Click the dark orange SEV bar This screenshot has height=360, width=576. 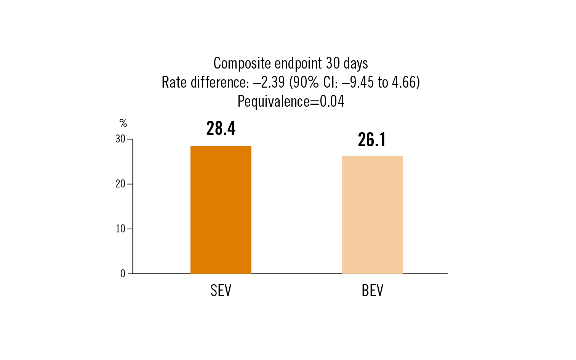point(221,210)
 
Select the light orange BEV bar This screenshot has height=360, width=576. point(372,215)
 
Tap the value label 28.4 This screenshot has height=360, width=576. point(221,129)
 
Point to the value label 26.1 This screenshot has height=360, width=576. point(372,140)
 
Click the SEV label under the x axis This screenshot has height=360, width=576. point(221,291)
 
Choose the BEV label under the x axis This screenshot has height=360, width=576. point(372,291)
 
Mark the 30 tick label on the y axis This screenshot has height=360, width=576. point(120,139)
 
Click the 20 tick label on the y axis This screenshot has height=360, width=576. point(120,184)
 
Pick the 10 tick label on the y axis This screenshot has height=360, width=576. point(120,229)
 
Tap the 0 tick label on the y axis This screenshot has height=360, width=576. point(123,274)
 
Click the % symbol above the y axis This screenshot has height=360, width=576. point(123,123)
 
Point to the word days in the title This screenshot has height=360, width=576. point(356,64)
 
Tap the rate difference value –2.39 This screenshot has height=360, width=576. point(269,82)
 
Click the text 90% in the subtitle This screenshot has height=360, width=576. point(306,82)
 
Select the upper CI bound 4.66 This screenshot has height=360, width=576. point(405,82)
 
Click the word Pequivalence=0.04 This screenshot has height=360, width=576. point(291,101)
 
